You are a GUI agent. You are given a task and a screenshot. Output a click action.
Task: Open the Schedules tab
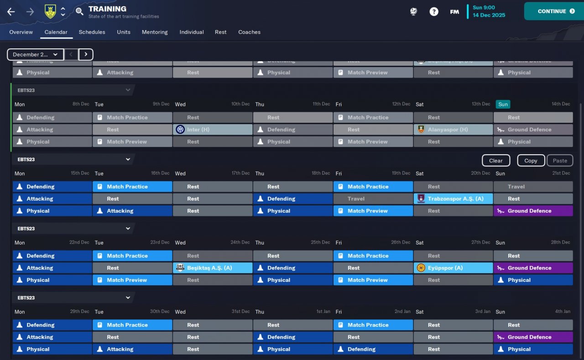tap(92, 32)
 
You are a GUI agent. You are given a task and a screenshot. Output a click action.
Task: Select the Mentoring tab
tap(155, 32)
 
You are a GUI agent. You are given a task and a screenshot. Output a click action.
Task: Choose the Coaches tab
tap(249, 32)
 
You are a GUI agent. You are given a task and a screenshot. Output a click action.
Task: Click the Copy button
tap(531, 161)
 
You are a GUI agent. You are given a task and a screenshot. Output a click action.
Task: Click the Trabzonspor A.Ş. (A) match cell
tap(453, 199)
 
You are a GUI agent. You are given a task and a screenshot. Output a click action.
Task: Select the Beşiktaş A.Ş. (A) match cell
tap(213, 268)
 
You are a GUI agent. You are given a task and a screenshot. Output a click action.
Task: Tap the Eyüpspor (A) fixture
tap(453, 268)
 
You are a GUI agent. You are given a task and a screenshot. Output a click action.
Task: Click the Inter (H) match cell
tap(213, 130)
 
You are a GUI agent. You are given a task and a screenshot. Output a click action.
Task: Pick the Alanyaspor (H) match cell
tap(453, 130)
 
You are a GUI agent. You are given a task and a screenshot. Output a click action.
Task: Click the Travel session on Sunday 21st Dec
tap(533, 187)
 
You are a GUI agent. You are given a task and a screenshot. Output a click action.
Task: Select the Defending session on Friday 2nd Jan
tap(373, 349)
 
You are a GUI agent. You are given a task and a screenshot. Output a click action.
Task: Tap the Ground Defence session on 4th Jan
tap(533, 337)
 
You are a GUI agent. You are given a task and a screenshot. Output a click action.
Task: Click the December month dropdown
tap(35, 55)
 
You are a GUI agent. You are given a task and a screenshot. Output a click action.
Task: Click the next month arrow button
tap(86, 55)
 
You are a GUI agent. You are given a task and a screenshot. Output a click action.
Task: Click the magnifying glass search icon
tap(79, 11)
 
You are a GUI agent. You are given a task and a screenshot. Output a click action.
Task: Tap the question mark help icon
tap(434, 12)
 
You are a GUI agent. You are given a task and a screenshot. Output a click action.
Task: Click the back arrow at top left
tap(11, 12)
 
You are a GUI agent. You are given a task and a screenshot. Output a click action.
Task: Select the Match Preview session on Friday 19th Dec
tap(373, 211)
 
